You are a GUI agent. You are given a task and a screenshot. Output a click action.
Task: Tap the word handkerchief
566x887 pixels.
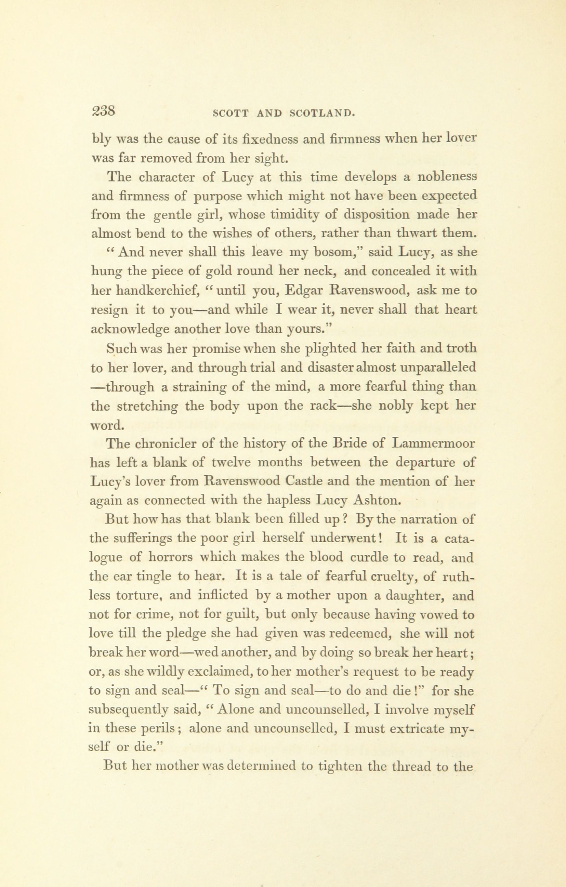pyautogui.click(x=157, y=291)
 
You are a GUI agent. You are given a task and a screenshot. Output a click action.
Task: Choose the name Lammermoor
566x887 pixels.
pyautogui.click(x=434, y=444)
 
